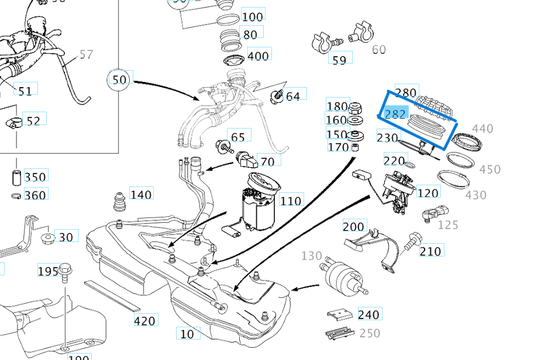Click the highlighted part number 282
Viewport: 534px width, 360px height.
coord(395,113)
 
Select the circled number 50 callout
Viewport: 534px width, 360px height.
coord(119,79)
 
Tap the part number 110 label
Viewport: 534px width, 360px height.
coord(291,202)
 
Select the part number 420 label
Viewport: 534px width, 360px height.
coord(144,321)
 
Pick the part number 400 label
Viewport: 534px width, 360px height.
coord(258,56)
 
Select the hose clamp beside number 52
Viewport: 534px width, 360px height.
coord(14,123)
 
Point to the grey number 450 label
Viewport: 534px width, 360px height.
coord(490,169)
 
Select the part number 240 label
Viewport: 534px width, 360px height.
coord(368,315)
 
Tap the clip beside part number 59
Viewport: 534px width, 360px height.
coord(324,41)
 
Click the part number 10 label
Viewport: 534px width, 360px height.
coord(187,334)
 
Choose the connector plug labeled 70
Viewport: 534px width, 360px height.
coord(246,160)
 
